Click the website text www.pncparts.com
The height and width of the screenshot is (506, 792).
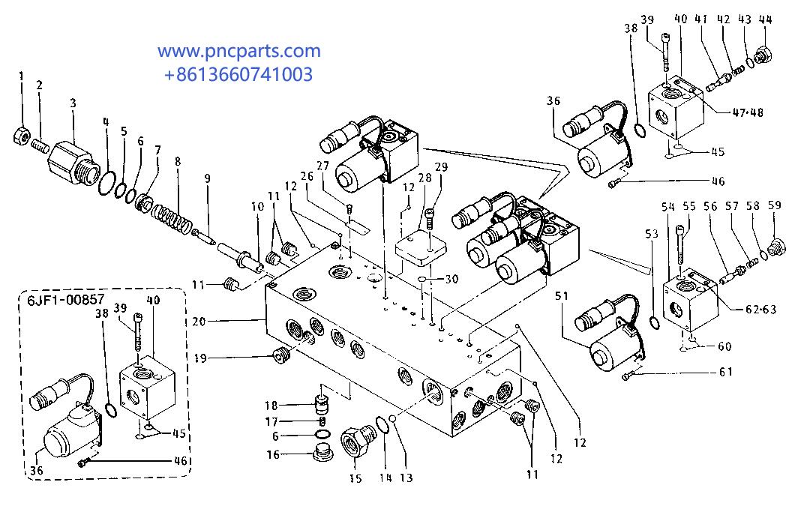pyautogui.click(x=238, y=52)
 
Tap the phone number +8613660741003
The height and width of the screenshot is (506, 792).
pyautogui.click(x=238, y=74)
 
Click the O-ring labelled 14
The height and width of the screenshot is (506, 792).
pyautogui.click(x=381, y=425)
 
